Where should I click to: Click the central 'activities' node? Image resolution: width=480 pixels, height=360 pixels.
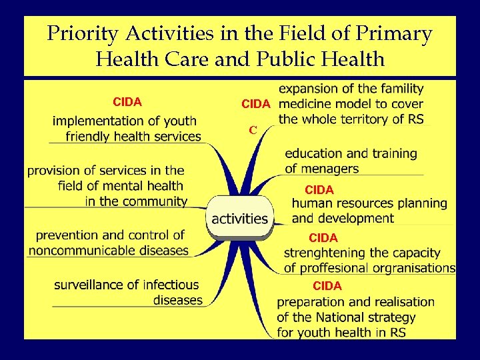[239, 219]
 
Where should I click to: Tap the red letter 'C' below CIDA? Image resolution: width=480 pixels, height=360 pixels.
[253, 130]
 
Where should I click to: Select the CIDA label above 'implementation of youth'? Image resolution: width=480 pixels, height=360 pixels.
[127, 102]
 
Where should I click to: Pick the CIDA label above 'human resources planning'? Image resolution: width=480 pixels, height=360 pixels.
[319, 190]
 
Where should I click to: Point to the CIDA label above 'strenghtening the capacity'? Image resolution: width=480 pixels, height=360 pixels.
[323, 237]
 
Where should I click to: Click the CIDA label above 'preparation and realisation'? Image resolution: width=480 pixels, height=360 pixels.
[327, 286]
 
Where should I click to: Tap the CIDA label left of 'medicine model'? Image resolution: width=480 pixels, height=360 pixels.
[256, 104]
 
